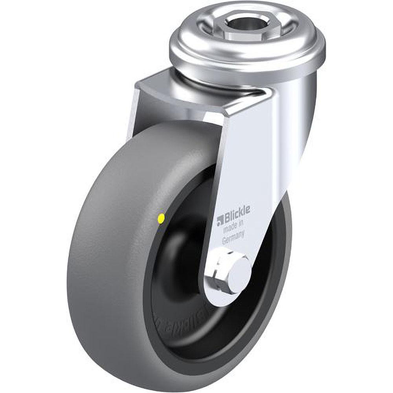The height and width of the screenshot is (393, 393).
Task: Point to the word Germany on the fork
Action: pyautogui.click(x=234, y=238)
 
